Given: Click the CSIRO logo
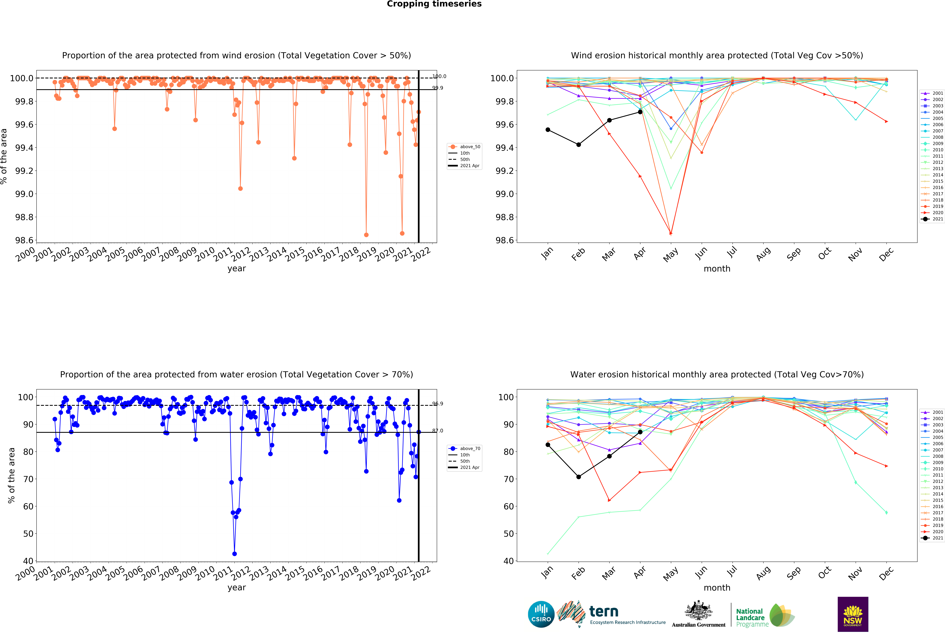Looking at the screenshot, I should (x=541, y=614).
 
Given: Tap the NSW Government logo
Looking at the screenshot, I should (x=853, y=614).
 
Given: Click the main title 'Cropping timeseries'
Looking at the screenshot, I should (x=434, y=4).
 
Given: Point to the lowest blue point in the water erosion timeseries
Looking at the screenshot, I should (x=234, y=554).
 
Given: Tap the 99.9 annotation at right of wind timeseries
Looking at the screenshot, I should (x=438, y=88).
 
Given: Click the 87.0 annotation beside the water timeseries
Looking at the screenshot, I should (x=438, y=431).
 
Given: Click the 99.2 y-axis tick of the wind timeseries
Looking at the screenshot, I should (x=24, y=171).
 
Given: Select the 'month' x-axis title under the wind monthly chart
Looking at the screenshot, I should (x=717, y=269).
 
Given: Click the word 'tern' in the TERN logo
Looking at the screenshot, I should (x=604, y=611).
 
